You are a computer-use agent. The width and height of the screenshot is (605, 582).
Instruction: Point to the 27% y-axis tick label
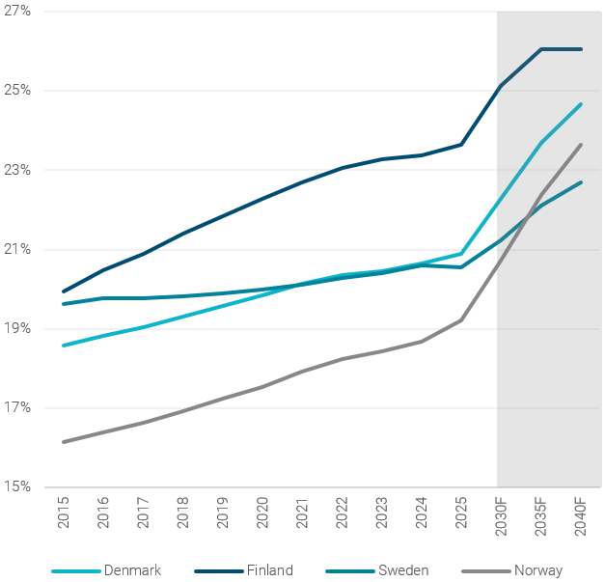17,11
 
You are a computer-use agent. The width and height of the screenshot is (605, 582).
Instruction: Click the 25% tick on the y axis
17,91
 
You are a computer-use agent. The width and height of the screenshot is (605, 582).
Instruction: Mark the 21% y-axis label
17,249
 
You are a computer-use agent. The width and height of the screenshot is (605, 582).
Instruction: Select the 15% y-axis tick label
17,486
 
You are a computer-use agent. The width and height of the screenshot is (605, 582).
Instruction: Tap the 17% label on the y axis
17,407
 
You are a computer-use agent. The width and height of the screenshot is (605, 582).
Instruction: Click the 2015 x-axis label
64,512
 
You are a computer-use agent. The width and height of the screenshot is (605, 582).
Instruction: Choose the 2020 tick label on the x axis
262,512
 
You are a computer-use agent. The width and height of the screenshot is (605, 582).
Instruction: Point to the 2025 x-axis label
461,512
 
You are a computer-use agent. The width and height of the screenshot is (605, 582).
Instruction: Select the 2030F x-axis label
501,515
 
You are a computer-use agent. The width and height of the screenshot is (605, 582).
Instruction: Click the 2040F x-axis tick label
580,515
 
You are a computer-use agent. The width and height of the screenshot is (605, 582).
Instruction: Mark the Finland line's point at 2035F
541,49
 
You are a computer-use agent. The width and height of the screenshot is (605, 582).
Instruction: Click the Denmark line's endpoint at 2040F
581,104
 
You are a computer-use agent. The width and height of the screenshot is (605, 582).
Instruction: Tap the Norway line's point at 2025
461,320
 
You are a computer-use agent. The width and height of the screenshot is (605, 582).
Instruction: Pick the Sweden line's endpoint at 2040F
581,182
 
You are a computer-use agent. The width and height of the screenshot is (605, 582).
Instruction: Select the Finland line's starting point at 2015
64,291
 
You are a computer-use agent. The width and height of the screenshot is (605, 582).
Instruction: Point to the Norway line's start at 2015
64,442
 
